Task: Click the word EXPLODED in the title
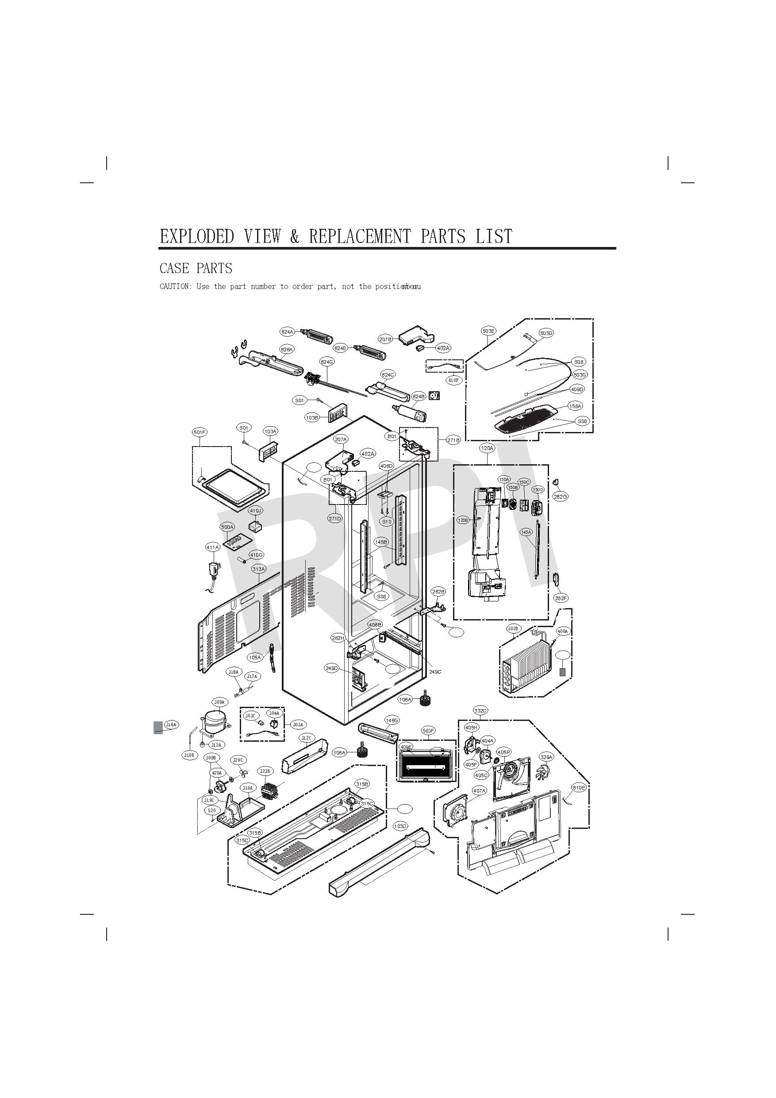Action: click(x=196, y=236)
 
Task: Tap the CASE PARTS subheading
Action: click(x=196, y=268)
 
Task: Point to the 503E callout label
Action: click(x=488, y=331)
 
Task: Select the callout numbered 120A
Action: click(x=487, y=448)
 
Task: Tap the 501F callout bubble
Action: click(x=200, y=432)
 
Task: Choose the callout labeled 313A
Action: click(x=259, y=569)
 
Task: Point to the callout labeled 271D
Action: click(x=335, y=518)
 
